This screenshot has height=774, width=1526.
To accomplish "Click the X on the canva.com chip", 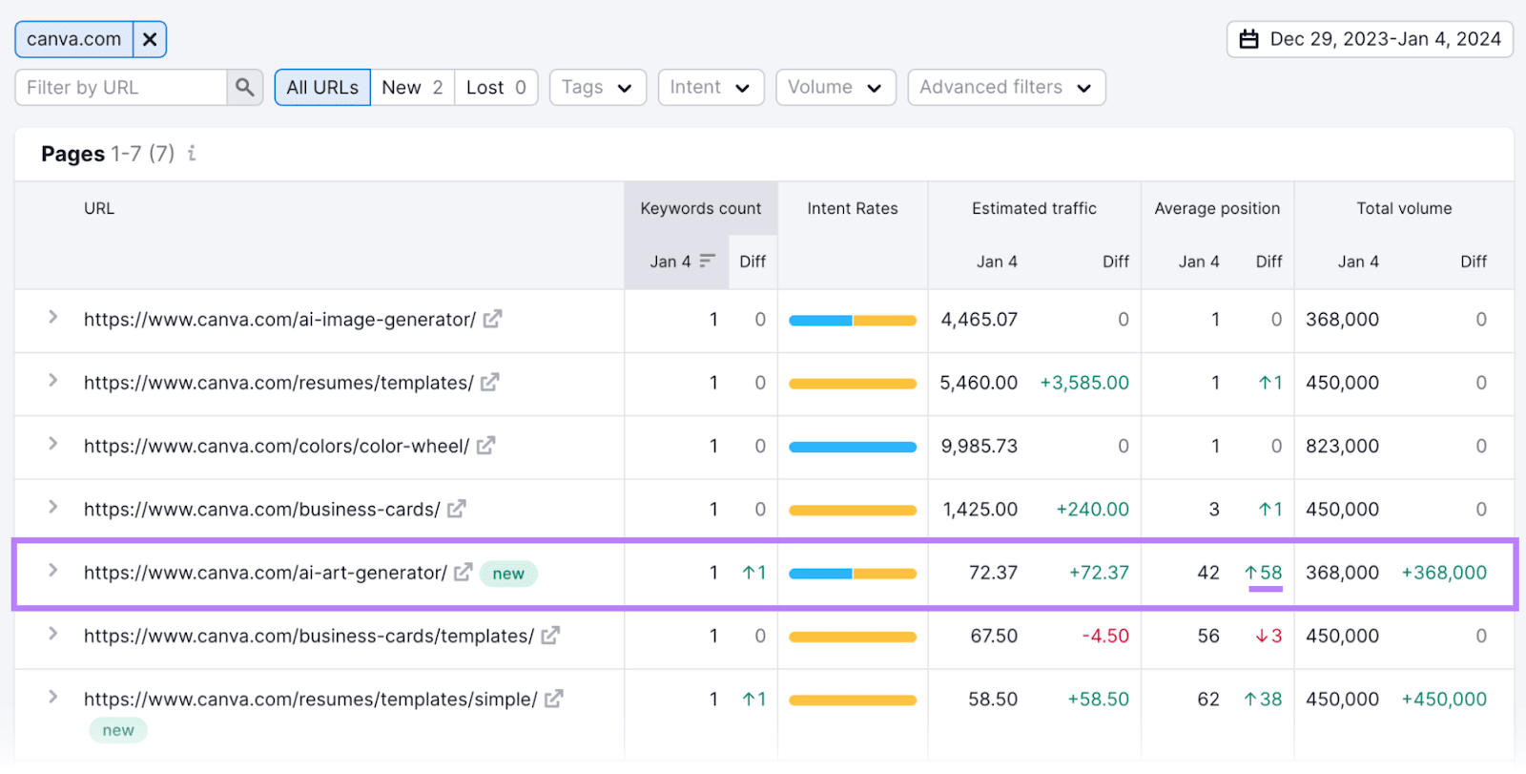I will (x=150, y=39).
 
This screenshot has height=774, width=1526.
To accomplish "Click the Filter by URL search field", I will (x=121, y=88).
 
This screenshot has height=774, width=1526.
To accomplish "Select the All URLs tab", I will (x=322, y=88).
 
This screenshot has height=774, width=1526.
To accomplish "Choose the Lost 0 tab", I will (x=496, y=88).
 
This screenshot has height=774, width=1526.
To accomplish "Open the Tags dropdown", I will (x=597, y=88).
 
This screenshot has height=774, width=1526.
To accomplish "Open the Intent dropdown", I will (x=711, y=88).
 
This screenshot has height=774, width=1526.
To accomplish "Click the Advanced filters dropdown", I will (x=1005, y=88).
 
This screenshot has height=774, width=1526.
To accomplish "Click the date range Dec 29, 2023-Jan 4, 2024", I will (x=1370, y=39).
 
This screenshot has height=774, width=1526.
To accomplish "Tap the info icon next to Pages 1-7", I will (x=192, y=153).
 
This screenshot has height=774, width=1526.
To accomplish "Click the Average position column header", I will (x=1217, y=208).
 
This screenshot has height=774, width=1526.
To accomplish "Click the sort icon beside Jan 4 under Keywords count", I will (x=707, y=261).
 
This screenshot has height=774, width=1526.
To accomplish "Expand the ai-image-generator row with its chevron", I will (x=53, y=317).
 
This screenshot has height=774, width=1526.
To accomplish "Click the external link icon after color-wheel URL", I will (x=486, y=446).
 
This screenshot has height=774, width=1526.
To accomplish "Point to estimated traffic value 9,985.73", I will (x=980, y=446).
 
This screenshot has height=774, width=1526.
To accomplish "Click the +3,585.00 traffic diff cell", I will (x=1084, y=383).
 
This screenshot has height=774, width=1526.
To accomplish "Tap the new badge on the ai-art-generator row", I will (x=508, y=574).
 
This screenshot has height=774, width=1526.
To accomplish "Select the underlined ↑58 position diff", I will (x=1264, y=573).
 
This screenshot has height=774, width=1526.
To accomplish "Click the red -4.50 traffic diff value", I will (x=1105, y=636).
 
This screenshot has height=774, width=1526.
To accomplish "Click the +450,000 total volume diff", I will (x=1444, y=699).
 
